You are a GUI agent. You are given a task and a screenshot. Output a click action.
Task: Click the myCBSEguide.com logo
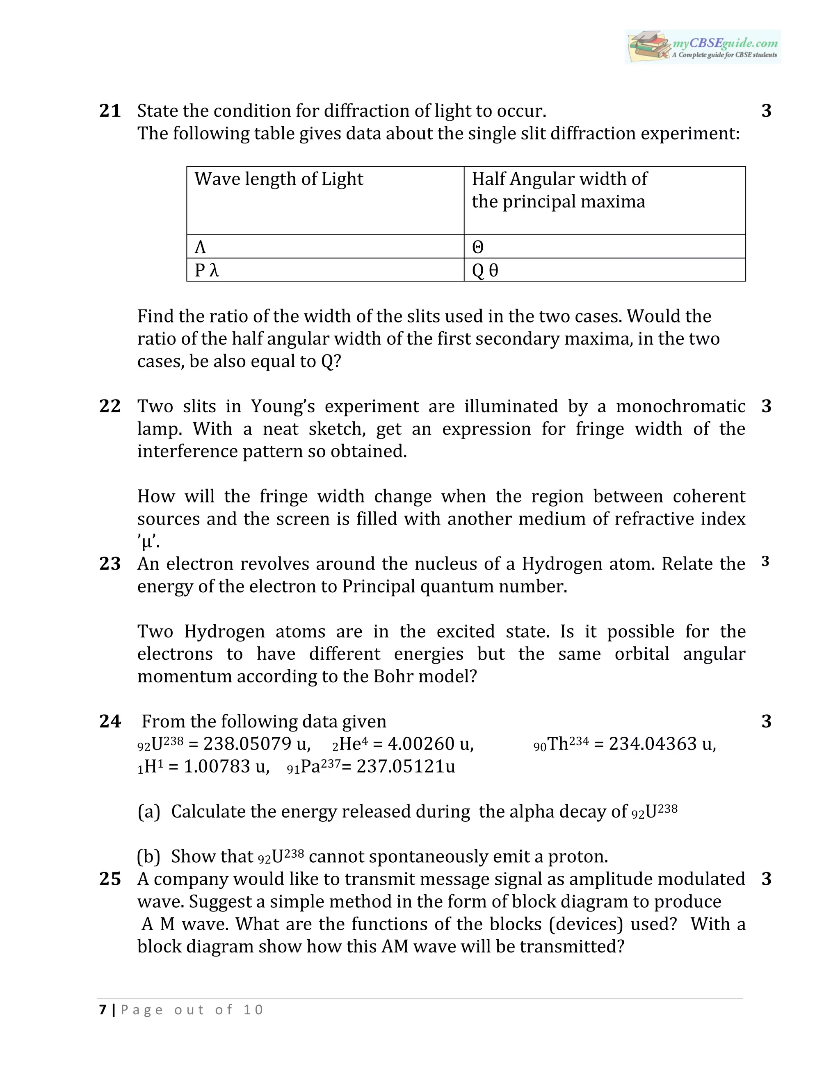point(702,46)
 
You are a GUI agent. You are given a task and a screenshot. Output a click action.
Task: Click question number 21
point(110,110)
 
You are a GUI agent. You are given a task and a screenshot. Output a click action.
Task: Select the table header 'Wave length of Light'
point(278,179)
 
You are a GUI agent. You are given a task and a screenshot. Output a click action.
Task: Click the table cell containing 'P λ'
point(207,270)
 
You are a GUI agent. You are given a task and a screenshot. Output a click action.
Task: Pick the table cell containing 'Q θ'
point(485,270)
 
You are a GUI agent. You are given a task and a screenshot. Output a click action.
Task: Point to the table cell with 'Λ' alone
point(200,247)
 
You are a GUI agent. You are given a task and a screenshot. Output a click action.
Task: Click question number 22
point(110,406)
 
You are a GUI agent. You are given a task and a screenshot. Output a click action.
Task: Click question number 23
point(110,564)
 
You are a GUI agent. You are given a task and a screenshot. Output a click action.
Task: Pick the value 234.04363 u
point(662,744)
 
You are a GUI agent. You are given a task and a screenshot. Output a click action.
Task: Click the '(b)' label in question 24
point(148,856)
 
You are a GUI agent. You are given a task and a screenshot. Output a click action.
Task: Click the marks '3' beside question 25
point(766,879)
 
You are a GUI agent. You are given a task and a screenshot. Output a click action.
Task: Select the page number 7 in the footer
point(103,1009)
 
